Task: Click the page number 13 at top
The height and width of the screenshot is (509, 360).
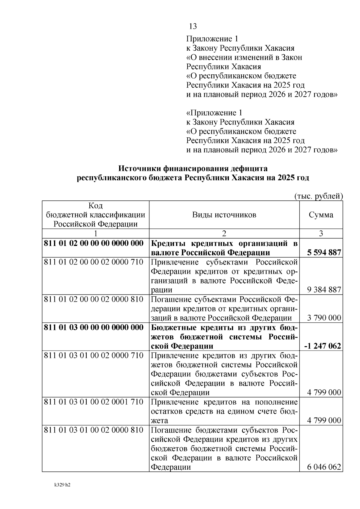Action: point(193,26)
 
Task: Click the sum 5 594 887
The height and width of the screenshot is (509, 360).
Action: point(324,253)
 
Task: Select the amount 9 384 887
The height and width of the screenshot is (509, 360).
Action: point(324,290)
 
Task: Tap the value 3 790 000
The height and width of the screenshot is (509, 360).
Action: point(324,318)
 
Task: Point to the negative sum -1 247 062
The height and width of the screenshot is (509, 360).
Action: point(322,346)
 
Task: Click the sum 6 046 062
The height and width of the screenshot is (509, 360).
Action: point(324,467)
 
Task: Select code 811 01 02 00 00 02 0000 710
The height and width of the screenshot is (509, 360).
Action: point(94,262)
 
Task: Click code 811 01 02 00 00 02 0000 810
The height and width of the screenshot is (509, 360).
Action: point(94,299)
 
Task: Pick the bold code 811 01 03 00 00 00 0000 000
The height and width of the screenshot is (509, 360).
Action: point(94,327)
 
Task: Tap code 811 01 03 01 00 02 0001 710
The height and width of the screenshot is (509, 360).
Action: point(94,402)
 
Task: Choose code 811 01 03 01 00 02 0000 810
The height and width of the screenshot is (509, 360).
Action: point(94,430)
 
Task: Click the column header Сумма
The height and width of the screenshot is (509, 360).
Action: point(321,215)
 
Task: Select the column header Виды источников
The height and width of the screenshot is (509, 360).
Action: point(224,215)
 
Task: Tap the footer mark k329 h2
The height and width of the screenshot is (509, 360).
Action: point(62,485)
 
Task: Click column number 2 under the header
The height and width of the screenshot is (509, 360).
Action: point(224,234)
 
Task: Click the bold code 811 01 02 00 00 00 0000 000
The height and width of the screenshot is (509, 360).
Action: point(94,243)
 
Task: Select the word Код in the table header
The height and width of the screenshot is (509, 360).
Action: point(95,206)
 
